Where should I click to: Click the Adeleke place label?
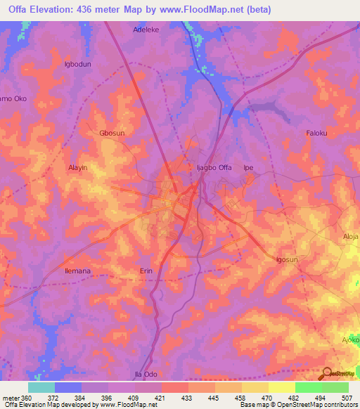[x=148, y=30]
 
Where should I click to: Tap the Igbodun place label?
[x=78, y=64]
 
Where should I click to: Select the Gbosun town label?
[x=112, y=132]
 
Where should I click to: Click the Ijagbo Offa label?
[x=213, y=168]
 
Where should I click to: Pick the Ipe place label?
[x=247, y=168]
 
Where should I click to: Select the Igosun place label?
[x=288, y=260]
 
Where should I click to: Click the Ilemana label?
[x=78, y=271]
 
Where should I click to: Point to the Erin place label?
[x=146, y=271]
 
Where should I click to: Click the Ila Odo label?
[x=146, y=374]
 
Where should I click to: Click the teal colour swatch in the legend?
[x=41, y=387]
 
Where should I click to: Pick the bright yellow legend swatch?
[x=281, y=387]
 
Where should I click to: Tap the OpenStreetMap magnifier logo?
[x=327, y=373]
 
